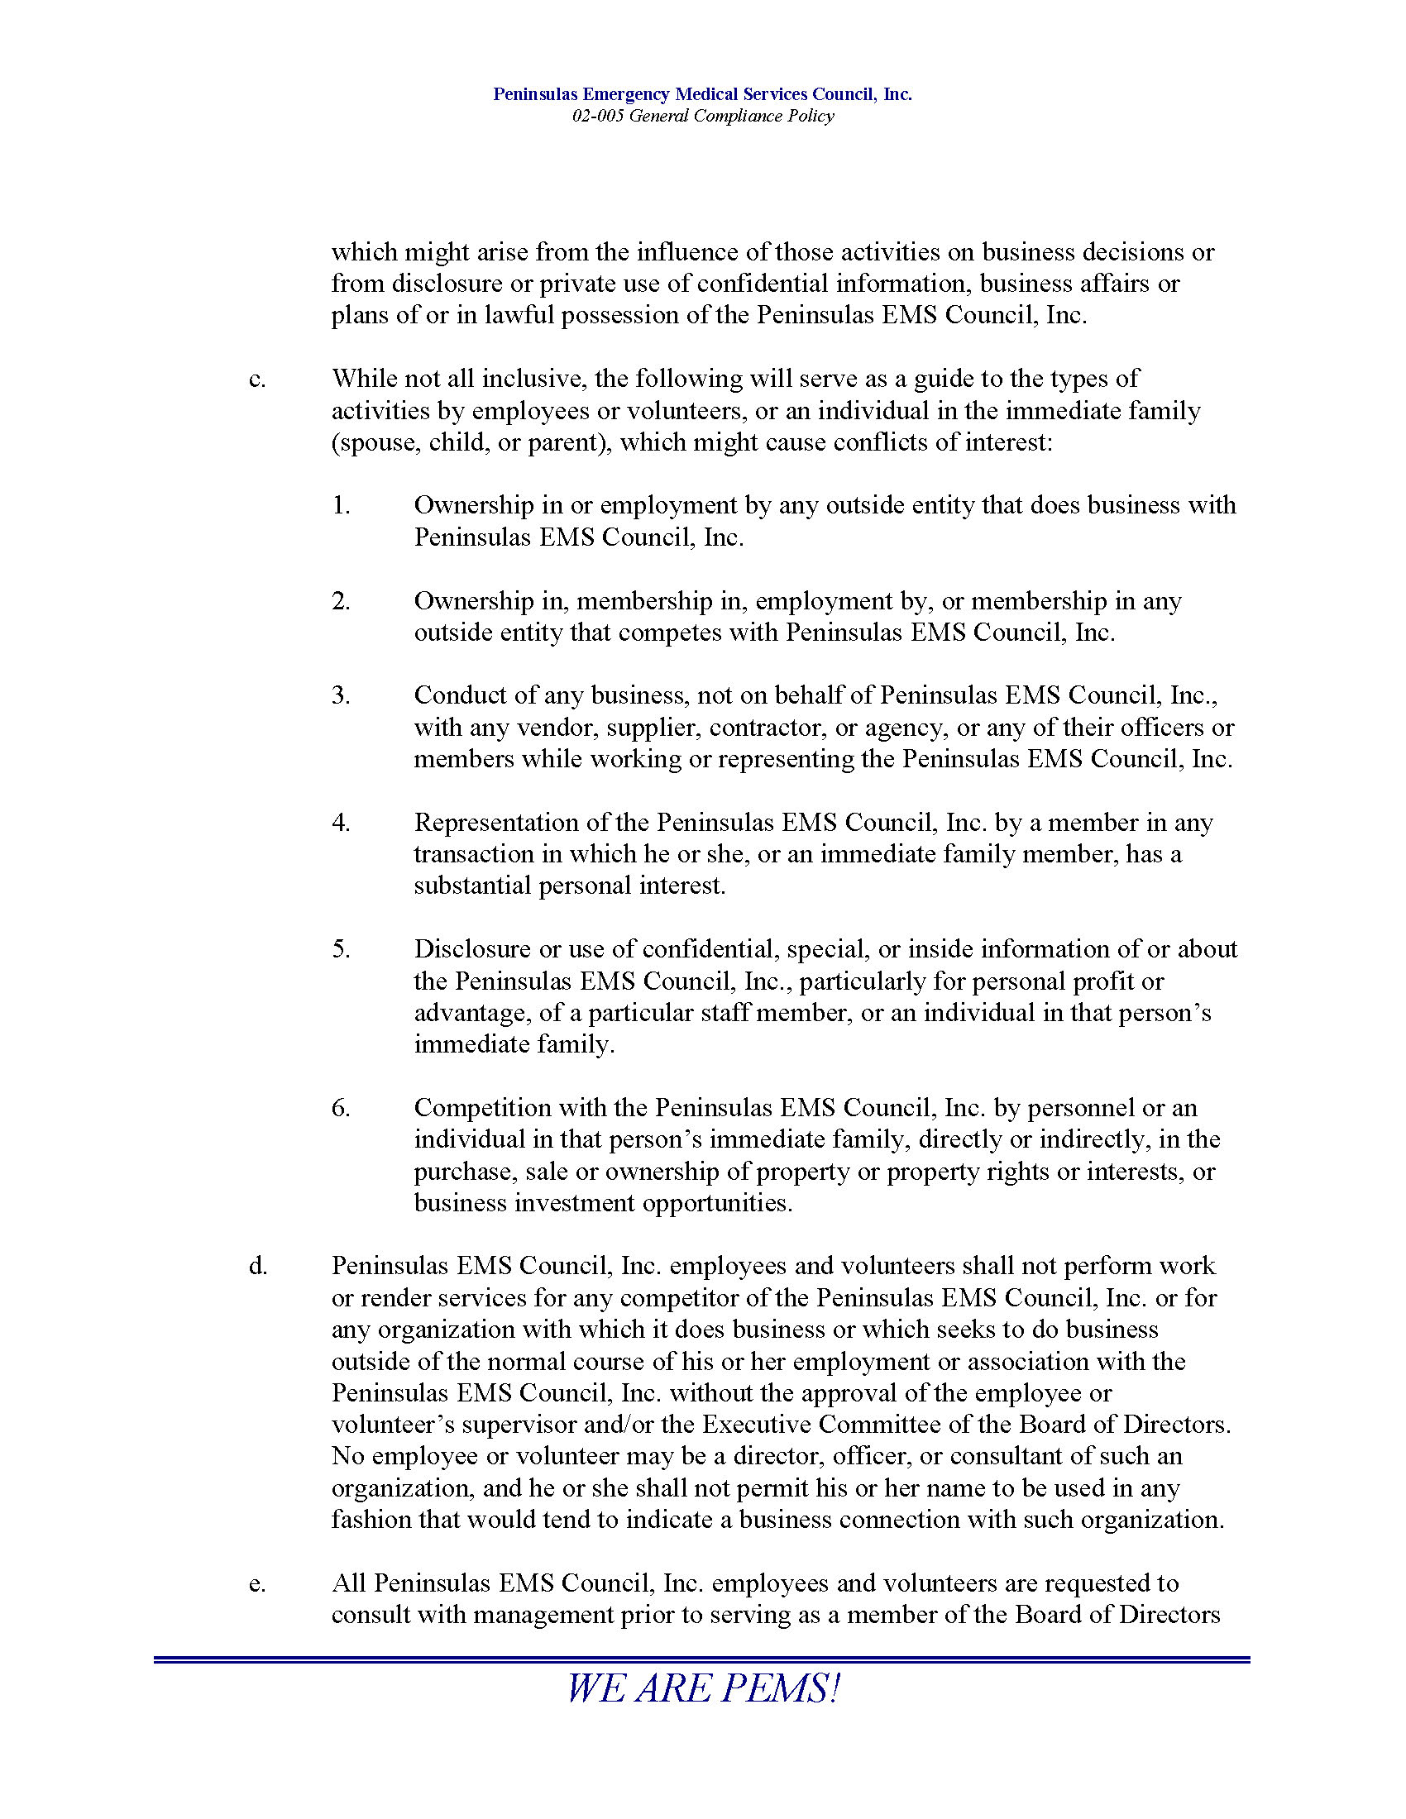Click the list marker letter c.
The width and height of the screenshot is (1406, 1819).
point(257,379)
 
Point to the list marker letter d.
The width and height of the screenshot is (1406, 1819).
point(257,1266)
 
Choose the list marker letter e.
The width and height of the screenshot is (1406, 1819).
point(257,1583)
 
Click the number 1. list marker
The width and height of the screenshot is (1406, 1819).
point(341,505)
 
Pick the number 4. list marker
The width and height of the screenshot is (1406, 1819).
point(341,823)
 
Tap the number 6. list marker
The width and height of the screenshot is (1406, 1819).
point(341,1108)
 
